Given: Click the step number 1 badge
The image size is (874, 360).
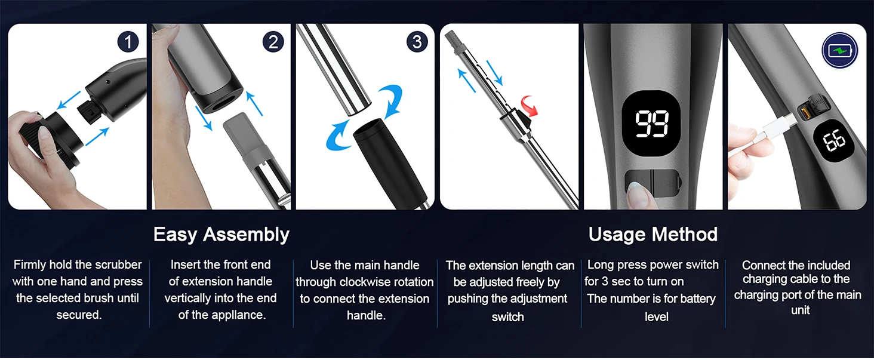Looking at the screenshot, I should click(128, 42).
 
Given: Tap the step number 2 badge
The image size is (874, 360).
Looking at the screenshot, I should click(273, 42).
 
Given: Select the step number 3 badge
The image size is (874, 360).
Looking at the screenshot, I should click(417, 42).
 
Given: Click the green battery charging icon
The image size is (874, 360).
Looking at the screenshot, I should click(839, 50).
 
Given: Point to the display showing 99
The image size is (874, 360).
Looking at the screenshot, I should click(653, 123).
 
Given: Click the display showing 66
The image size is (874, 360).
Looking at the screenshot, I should click(834, 140).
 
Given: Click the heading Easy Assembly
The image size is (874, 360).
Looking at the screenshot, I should click(221, 235).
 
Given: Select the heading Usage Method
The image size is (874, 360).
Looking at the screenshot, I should click(653, 235).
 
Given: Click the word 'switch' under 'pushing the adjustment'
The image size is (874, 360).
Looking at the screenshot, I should click(507, 317).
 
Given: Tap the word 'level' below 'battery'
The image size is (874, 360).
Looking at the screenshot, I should click(656, 317).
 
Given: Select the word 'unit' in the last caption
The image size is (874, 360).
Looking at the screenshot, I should click(800, 310).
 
